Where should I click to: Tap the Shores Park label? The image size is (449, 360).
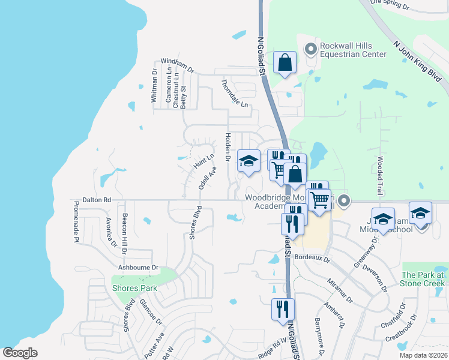click(134, 288)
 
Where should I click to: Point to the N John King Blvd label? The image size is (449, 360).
click(414, 58)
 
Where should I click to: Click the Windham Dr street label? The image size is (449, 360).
click(178, 66)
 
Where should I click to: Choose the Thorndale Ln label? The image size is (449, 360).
click(235, 94)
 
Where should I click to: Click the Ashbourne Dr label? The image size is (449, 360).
click(137, 267)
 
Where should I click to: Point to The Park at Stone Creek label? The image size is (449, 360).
click(423, 279)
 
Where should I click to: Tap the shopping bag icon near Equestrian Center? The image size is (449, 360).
click(285, 62)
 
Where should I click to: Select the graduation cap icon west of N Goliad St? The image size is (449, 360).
click(249, 161)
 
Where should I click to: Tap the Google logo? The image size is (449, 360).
click(20, 353)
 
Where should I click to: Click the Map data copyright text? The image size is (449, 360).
click(423, 355)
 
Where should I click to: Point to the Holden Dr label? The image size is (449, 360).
click(228, 148)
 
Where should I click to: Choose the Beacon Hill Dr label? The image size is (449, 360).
click(125, 229)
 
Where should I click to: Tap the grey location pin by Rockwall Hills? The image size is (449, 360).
click(311, 48)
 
